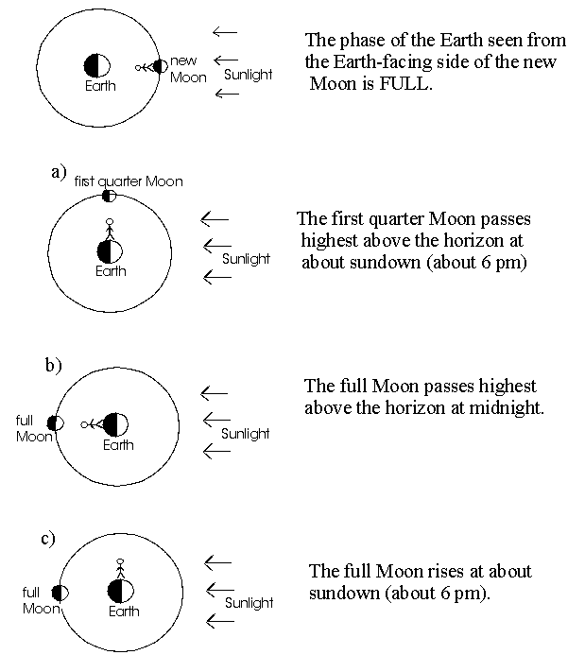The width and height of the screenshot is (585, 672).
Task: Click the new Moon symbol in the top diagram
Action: (x=161, y=66)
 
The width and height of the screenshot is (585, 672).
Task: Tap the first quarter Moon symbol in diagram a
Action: (x=110, y=196)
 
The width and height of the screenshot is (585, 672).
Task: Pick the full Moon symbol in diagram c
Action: (x=58, y=593)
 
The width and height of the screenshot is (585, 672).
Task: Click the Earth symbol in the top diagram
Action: (x=97, y=66)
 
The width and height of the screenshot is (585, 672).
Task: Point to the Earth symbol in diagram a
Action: (x=111, y=251)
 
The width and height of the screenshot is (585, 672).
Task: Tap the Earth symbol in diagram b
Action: (x=116, y=424)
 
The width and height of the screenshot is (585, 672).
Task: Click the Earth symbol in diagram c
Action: (x=120, y=591)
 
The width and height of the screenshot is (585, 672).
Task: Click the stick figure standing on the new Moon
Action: (x=144, y=66)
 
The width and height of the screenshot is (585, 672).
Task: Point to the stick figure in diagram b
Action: (x=92, y=424)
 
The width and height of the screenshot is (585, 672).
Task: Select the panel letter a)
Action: (x=60, y=171)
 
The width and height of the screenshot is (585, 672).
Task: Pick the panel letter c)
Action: (x=46, y=539)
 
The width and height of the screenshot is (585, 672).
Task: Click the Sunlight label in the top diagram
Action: (x=248, y=74)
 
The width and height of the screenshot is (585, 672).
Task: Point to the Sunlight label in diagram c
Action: (x=249, y=602)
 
